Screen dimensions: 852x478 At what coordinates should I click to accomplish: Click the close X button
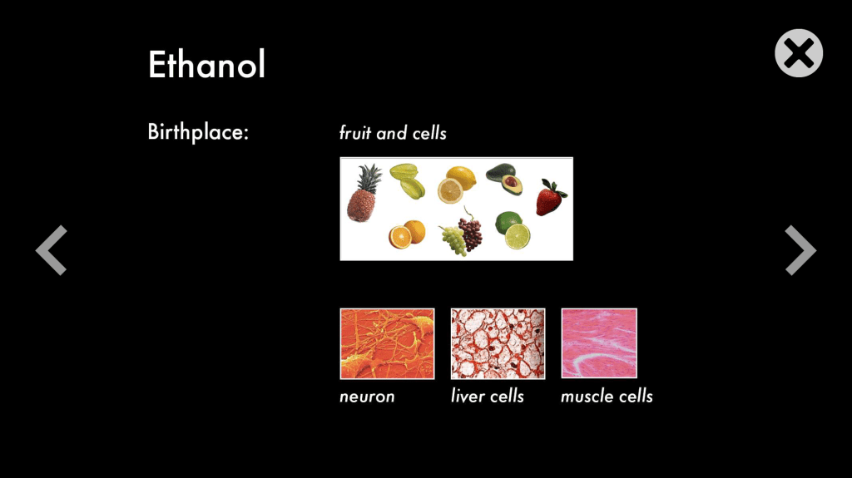pyautogui.click(x=798, y=53)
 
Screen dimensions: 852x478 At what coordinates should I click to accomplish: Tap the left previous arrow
pyautogui.click(x=52, y=250)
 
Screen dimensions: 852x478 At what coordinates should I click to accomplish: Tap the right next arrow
pyautogui.click(x=800, y=250)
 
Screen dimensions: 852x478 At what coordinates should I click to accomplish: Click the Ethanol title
pyautogui.click(x=206, y=65)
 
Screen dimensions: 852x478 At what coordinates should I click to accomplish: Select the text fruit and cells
pyautogui.click(x=393, y=132)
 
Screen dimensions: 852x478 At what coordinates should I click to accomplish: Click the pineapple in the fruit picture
pyautogui.click(x=364, y=193)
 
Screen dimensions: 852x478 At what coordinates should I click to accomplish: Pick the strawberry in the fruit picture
pyautogui.click(x=551, y=198)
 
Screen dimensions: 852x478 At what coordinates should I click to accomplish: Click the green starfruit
pyautogui.click(x=408, y=180)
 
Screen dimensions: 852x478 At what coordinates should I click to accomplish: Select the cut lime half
pyautogui.click(x=518, y=236)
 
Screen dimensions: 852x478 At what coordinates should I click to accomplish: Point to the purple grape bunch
pyautogui.click(x=470, y=229)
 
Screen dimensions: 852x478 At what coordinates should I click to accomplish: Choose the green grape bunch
pyautogui.click(x=453, y=240)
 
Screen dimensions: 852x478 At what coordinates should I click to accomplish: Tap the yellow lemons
pyautogui.click(x=457, y=185)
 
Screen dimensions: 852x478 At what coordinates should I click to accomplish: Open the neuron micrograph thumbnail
pyautogui.click(x=387, y=343)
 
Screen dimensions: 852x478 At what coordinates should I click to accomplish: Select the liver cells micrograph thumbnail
pyautogui.click(x=498, y=343)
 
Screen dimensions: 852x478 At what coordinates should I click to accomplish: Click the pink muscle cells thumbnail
pyautogui.click(x=599, y=342)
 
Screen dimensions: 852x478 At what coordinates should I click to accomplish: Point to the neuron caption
pyautogui.click(x=367, y=397)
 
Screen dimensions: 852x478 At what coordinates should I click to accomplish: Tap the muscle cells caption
pyautogui.click(x=607, y=396)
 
